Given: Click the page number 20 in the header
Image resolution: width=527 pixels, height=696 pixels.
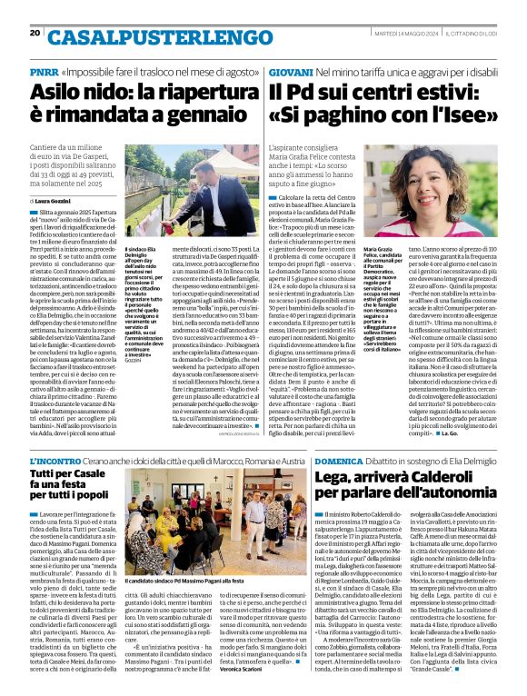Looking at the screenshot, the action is [x=35, y=33].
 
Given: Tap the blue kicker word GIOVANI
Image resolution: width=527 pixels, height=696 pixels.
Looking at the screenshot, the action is [x=290, y=71].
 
